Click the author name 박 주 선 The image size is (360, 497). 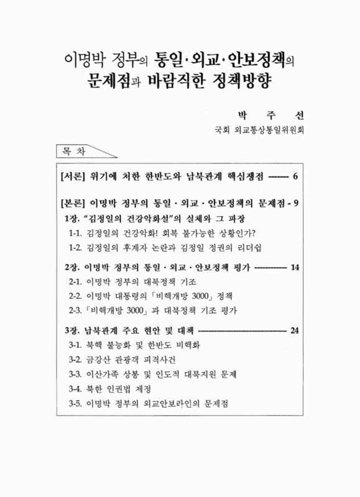pyautogui.click(x=274, y=116)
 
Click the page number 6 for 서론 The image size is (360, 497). pyautogui.click(x=295, y=176)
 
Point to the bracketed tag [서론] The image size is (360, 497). pyautogui.click(x=72, y=176)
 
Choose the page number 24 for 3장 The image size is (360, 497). pyautogui.click(x=295, y=330)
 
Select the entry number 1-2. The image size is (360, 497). pyautogui.click(x=77, y=248)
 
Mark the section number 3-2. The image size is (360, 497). pyautogui.click(x=77, y=360)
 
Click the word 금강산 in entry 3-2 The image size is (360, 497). pyautogui.click(x=103, y=360)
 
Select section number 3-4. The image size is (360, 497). pyautogui.click(x=77, y=390)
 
